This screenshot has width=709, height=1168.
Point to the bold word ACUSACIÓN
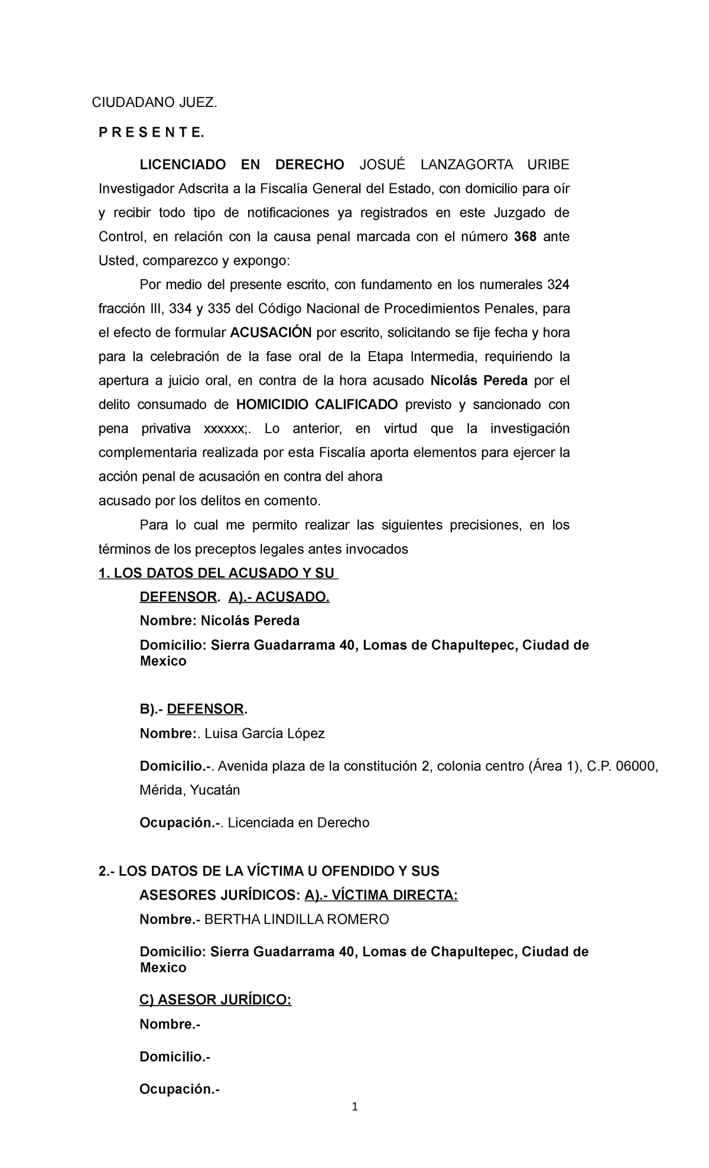pyautogui.click(x=271, y=333)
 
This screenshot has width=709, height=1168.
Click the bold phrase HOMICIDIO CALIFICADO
pyautogui.click(x=317, y=405)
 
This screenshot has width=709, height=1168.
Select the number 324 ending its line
pyautogui.click(x=558, y=285)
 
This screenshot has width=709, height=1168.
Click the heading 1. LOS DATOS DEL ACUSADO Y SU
pyautogui.click(x=217, y=573)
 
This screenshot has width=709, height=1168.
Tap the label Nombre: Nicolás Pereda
pyautogui.click(x=220, y=621)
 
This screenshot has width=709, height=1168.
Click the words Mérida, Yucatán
pyautogui.click(x=190, y=790)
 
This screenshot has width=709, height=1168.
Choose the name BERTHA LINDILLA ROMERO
pyautogui.click(x=297, y=919)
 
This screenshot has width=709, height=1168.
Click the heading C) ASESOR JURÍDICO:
pyautogui.click(x=216, y=1000)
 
